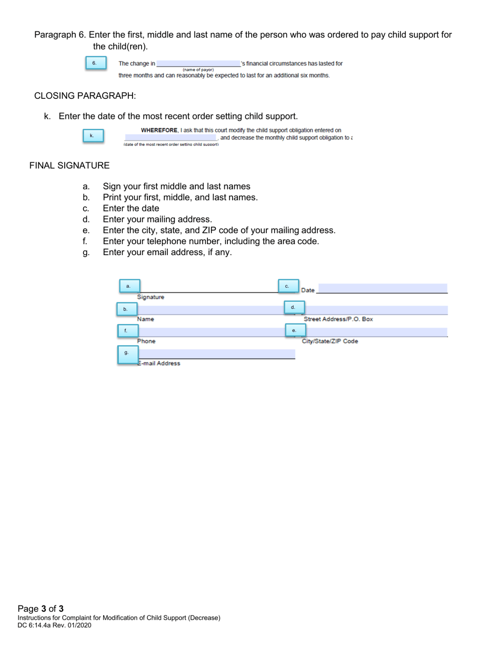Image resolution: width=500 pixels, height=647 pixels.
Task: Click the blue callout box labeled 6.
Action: [95, 63]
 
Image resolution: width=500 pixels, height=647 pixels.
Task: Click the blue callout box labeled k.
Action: [92, 136]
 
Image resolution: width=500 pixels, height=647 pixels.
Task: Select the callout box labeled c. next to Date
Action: [288, 286]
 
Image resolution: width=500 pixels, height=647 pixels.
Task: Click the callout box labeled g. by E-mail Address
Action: [126, 352]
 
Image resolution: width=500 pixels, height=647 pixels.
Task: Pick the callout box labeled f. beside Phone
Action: [126, 331]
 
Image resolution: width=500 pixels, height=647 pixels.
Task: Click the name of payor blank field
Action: [198, 64]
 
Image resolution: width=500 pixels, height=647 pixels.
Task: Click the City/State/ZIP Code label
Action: [329, 341]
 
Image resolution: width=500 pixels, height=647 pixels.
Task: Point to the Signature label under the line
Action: [151, 297]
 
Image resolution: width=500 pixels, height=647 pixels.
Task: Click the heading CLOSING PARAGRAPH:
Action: [85, 96]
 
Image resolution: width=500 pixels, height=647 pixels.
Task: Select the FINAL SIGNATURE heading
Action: [69, 166]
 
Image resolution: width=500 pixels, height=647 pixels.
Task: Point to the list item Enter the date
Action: [131, 208]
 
